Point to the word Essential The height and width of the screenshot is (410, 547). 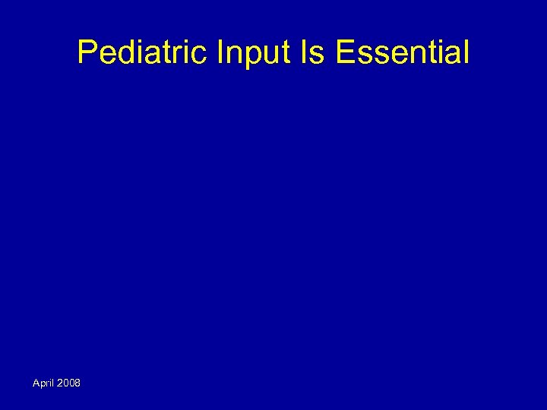(x=402, y=53)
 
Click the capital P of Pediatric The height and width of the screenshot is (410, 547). (x=87, y=53)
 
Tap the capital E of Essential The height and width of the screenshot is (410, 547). (x=343, y=53)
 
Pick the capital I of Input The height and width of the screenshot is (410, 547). (x=221, y=53)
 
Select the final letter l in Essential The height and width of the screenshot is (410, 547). (x=466, y=53)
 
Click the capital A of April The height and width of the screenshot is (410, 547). (x=36, y=383)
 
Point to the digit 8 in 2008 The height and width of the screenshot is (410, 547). (x=77, y=383)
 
